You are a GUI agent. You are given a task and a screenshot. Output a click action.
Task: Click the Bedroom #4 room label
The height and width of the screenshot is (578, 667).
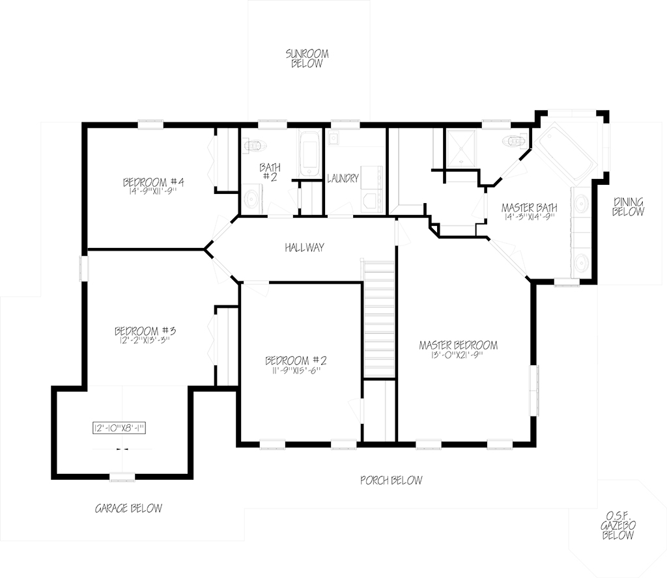click(x=153, y=182)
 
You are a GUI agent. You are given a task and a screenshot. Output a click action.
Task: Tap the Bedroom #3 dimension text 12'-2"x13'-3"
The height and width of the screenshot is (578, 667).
click(x=145, y=340)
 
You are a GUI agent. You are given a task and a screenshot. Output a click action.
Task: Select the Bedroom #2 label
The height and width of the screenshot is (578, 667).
click(x=296, y=361)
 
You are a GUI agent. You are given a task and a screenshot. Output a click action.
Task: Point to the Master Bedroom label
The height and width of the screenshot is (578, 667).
click(x=458, y=345)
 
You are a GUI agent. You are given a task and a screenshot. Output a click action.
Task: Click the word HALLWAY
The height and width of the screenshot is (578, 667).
click(x=305, y=247)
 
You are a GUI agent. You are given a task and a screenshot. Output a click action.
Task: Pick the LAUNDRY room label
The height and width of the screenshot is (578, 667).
click(x=343, y=178)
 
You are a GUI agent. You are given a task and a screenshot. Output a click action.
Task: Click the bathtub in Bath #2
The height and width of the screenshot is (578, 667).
click(x=309, y=154)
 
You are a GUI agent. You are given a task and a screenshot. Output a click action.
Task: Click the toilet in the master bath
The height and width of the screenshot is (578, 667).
click(x=515, y=140)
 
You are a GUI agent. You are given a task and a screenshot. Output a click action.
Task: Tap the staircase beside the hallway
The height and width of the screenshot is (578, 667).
click(x=378, y=319)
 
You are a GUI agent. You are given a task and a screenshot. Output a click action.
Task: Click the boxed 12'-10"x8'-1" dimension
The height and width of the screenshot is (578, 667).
click(x=119, y=428)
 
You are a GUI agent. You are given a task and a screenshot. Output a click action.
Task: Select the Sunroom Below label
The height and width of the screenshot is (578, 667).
click(x=307, y=59)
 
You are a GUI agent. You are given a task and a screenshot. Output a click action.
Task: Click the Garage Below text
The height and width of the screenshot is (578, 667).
click(x=128, y=508)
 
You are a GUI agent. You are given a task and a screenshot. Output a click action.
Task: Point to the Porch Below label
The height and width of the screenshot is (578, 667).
click(x=391, y=480)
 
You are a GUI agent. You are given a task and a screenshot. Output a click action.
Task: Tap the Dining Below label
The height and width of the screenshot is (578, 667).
click(x=629, y=206)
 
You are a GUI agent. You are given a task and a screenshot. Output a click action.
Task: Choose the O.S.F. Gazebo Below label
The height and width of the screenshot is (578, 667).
click(x=618, y=525)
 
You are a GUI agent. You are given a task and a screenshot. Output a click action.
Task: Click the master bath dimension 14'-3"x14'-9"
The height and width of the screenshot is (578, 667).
click(x=529, y=217)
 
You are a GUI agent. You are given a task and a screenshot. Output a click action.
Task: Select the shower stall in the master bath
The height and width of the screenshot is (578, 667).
click(x=461, y=149)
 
